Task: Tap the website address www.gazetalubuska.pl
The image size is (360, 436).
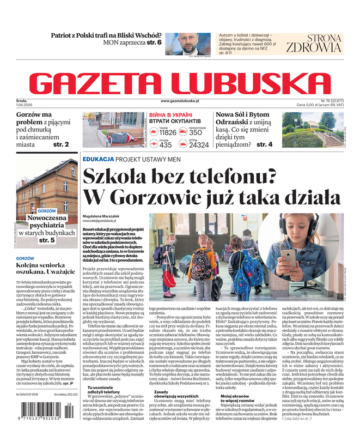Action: click(x=180, y=101)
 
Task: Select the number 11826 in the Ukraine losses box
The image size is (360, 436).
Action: click(x=167, y=132)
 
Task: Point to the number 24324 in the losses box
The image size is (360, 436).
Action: click(x=199, y=145)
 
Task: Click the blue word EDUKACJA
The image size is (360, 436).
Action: click(x=98, y=159)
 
